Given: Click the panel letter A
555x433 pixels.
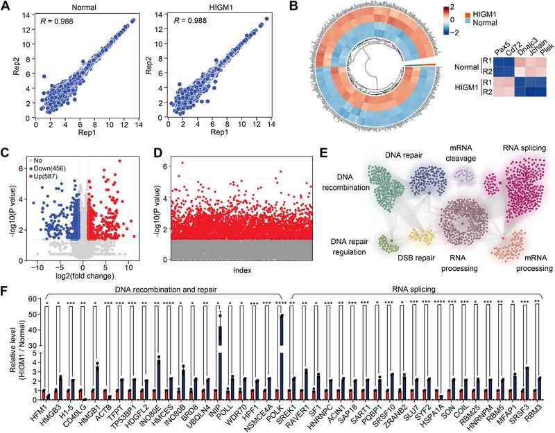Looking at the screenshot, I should [x=6, y=8].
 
